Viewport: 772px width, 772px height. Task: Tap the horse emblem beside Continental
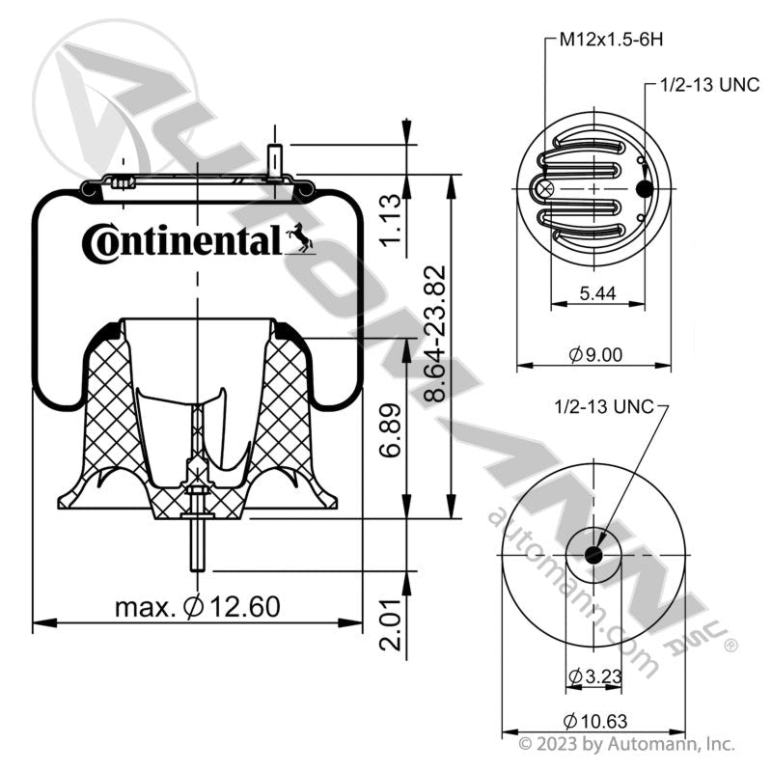coord(299,237)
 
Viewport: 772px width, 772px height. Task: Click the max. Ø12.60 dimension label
coord(197,607)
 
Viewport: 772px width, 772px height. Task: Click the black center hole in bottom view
coord(593,556)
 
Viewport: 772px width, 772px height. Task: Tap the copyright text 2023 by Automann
coord(627,745)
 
